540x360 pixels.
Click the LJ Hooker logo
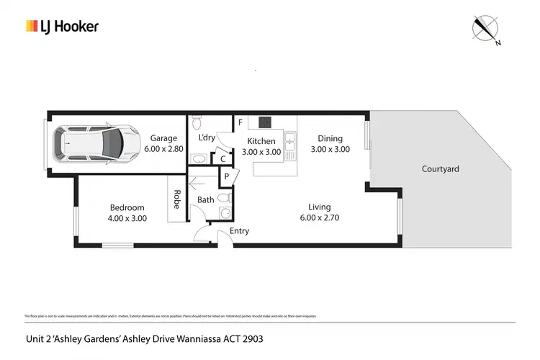(62, 27)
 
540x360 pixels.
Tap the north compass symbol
(486, 29)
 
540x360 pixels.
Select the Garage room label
(163, 138)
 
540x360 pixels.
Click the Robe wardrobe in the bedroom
(176, 199)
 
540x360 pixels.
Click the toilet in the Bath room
(224, 196)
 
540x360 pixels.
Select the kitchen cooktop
(264, 122)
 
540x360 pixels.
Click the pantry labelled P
(226, 176)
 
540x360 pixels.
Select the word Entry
(239, 231)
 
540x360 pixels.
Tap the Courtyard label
(440, 169)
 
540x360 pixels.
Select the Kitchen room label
(261, 141)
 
